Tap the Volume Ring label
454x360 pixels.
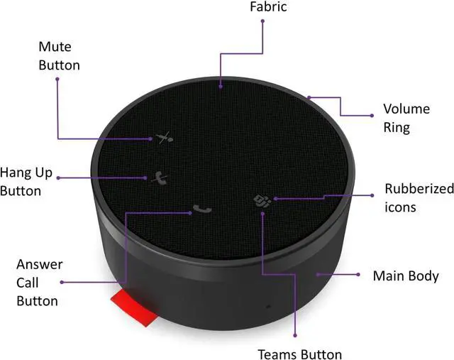(406, 119)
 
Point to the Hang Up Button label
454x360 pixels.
(29, 181)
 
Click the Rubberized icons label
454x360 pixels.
(419, 198)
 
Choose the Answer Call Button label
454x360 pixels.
(38, 282)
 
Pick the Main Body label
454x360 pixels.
(406, 276)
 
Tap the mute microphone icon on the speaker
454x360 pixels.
(165, 137)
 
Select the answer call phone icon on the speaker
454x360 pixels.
(201, 209)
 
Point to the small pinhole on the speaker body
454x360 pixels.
(267, 307)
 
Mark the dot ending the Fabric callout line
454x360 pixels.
(263, 21)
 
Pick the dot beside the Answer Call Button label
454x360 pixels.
(62, 282)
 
